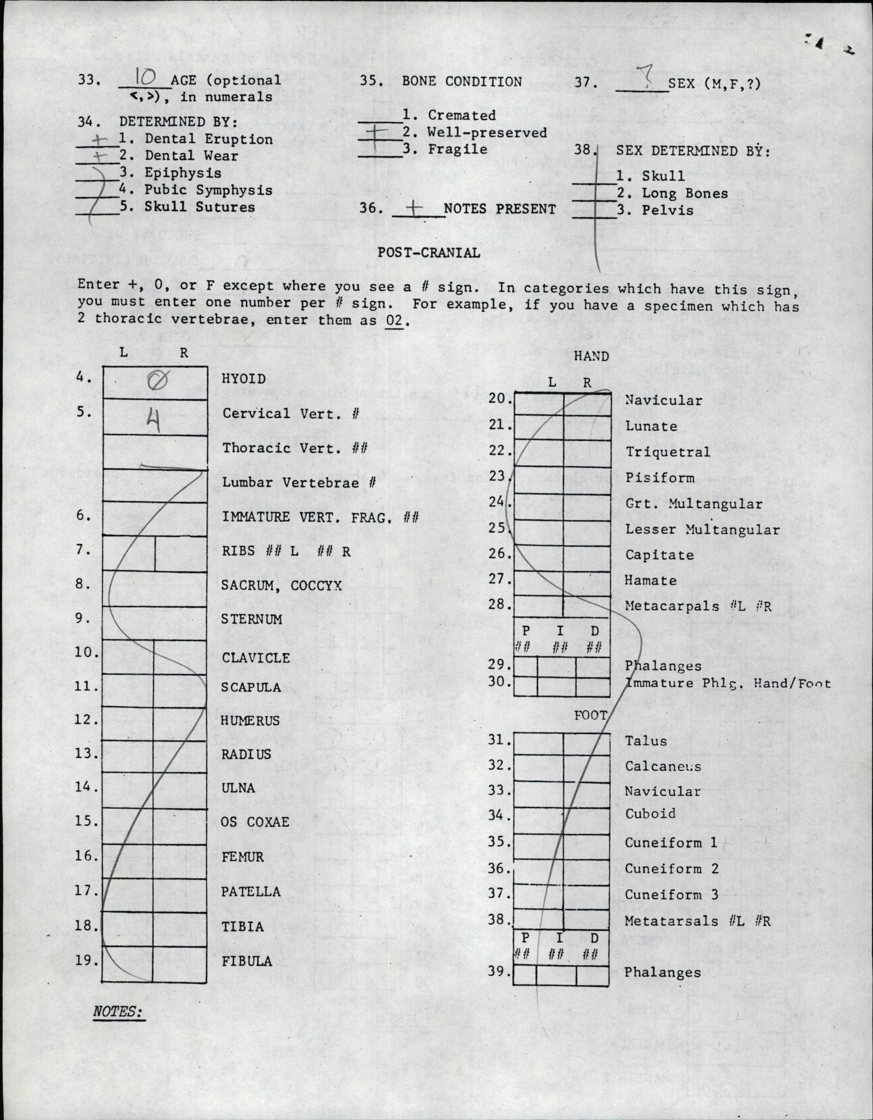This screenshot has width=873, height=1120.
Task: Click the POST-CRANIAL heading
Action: click(429, 252)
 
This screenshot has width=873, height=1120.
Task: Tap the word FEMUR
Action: click(243, 857)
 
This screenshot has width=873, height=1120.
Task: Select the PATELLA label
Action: click(251, 891)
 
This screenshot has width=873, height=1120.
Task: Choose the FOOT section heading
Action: click(590, 715)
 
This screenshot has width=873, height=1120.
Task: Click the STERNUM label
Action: click(251, 619)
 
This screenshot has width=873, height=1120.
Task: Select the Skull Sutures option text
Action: click(200, 207)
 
